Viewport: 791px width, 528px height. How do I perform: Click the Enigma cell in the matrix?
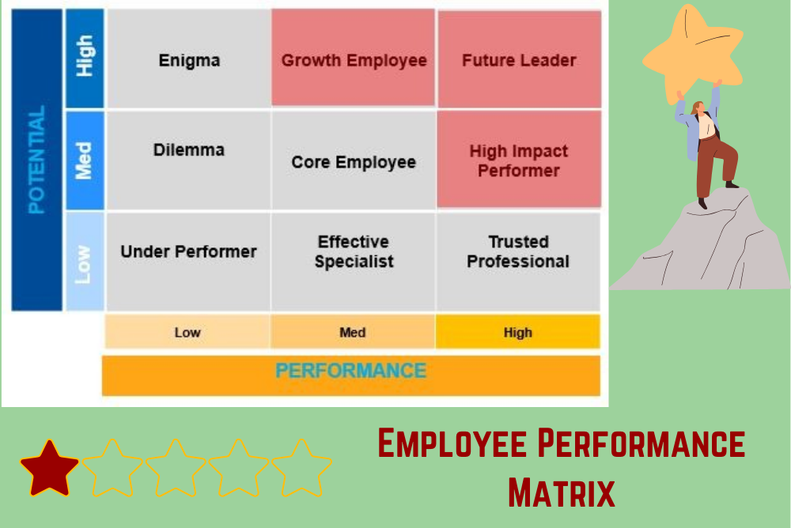[x=189, y=60]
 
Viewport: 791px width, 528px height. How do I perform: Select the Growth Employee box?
[x=354, y=60]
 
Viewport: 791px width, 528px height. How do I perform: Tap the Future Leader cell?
[x=519, y=60]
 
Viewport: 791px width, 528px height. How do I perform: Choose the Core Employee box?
[x=354, y=162]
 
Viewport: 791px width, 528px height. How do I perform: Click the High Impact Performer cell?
[x=519, y=160]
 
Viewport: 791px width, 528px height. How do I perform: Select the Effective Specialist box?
[x=354, y=251]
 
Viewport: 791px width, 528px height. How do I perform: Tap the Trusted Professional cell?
[x=518, y=251]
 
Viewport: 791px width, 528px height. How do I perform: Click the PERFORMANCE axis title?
[x=351, y=371]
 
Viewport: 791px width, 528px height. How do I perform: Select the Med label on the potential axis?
[x=84, y=160]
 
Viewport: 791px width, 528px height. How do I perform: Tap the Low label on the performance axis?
[x=187, y=332]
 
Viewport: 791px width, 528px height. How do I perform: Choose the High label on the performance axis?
[x=518, y=332]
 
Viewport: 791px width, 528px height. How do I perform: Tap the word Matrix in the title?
[x=561, y=490]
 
